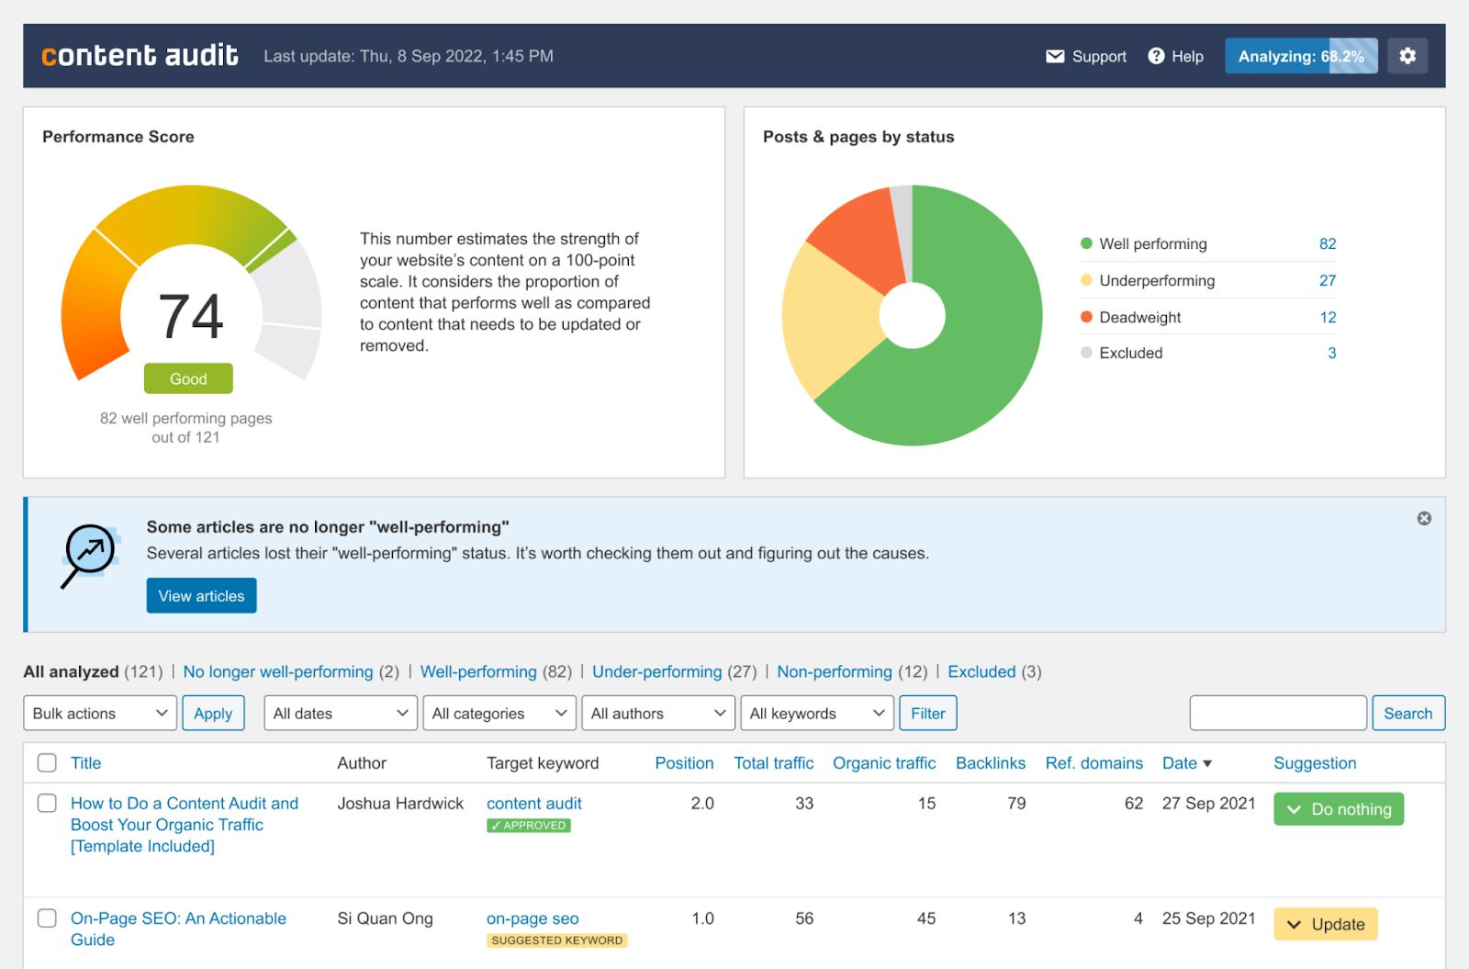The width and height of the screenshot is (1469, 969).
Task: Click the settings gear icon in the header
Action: point(1407,56)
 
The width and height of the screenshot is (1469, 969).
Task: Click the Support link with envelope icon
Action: point(1086,56)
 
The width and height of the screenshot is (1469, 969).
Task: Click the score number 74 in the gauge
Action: point(191,317)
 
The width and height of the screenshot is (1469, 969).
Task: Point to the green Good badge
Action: point(188,378)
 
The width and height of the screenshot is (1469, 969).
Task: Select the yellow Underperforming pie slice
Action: point(826,321)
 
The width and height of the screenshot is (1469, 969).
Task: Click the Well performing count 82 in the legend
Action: point(1327,243)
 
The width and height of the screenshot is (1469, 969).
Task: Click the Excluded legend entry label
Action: point(1130,353)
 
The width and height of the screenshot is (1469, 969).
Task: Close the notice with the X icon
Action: point(1424,518)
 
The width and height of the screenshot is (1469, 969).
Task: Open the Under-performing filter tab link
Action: point(656,671)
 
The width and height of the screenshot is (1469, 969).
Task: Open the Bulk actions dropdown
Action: point(99,714)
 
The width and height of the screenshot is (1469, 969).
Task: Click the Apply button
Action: point(213,714)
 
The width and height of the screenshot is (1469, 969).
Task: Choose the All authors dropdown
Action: point(658,714)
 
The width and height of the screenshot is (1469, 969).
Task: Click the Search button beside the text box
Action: point(1407,714)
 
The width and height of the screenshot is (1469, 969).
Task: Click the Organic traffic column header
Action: point(883,763)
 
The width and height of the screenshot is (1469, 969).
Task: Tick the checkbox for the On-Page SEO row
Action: point(47,918)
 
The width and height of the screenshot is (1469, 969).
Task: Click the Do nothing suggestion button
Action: point(1338,809)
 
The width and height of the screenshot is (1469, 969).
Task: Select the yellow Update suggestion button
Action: point(1325,924)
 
